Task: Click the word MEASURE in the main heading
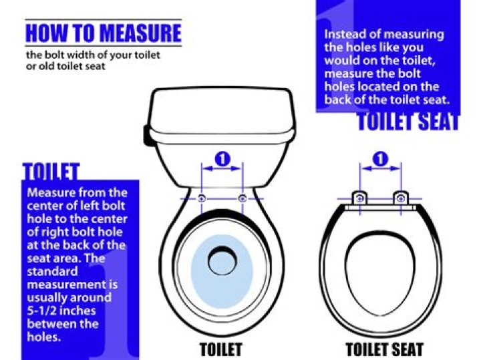point(140,33)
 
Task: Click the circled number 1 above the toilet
point(222,159)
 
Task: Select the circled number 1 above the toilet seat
point(380,159)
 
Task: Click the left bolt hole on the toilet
point(202,198)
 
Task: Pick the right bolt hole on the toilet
point(243,198)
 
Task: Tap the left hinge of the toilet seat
point(360,198)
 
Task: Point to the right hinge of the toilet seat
point(401,198)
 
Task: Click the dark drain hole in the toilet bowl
point(222,260)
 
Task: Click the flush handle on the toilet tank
point(146,135)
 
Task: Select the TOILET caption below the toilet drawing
point(221,349)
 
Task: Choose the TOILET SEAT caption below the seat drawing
point(385,349)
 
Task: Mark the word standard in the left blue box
point(52,271)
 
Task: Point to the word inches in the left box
point(77,311)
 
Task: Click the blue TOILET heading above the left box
point(51,171)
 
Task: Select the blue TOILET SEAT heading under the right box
point(408,122)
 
